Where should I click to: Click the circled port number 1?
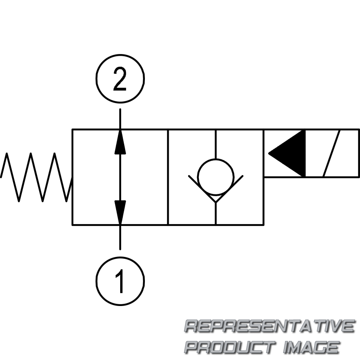(120, 280)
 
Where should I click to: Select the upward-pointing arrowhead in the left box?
(120, 142)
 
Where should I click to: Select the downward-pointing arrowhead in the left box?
(120, 211)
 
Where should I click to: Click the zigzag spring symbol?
(36, 177)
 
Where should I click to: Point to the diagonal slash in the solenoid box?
(332, 153)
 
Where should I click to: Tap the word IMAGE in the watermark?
(310, 347)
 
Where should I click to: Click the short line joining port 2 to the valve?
(120, 119)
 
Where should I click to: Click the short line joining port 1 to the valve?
(120, 237)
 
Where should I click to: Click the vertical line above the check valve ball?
(216, 144)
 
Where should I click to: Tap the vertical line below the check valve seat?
(216, 214)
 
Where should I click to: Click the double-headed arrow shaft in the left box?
(120, 176)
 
